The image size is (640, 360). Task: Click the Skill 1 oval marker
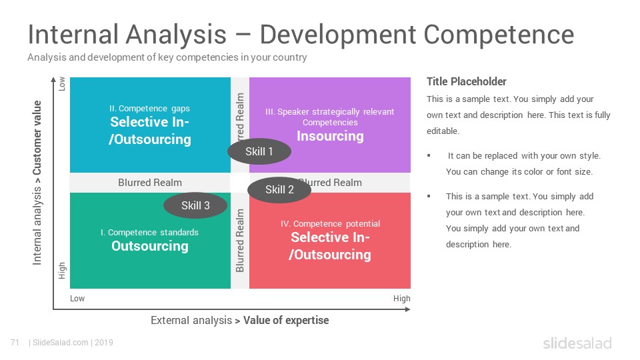(259, 151)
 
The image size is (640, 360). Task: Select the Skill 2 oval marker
(279, 190)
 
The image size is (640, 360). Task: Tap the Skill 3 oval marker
(195, 205)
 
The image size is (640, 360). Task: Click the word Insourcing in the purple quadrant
(330, 136)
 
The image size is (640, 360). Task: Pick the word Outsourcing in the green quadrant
(150, 246)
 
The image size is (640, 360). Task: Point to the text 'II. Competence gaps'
(149, 109)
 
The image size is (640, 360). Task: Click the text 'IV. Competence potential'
(330, 224)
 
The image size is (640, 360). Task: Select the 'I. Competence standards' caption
(149, 232)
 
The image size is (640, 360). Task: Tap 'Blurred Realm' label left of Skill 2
(150, 183)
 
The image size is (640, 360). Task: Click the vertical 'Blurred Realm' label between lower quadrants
(239, 241)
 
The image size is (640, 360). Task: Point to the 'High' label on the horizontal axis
(401, 299)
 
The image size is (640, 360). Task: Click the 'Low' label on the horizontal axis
(77, 299)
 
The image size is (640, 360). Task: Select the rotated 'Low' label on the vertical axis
(61, 84)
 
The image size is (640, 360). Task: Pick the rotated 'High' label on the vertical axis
(61, 271)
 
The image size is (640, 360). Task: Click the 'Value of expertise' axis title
(286, 321)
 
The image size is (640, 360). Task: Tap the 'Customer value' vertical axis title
(37, 138)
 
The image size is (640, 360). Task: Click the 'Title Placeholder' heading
(467, 81)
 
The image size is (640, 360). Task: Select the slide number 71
(15, 343)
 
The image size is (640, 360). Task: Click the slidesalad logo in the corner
(577, 343)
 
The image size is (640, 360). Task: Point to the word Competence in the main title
(499, 34)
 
